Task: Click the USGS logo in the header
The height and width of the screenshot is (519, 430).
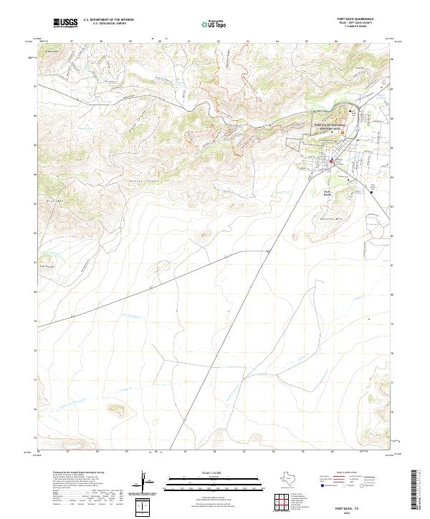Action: point(66,24)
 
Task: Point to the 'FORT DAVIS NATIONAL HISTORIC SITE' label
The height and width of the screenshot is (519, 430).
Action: point(329,126)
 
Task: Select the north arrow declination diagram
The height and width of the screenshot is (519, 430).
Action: point(145,483)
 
